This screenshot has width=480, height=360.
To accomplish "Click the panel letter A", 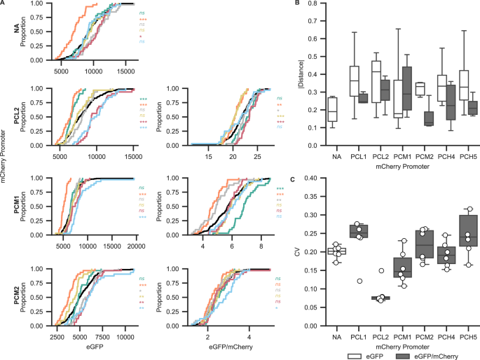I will (4, 4).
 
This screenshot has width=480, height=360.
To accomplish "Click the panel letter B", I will (298, 4).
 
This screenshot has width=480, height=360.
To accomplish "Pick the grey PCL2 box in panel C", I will (359, 298).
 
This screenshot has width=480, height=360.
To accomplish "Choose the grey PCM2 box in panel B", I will (408, 118).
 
